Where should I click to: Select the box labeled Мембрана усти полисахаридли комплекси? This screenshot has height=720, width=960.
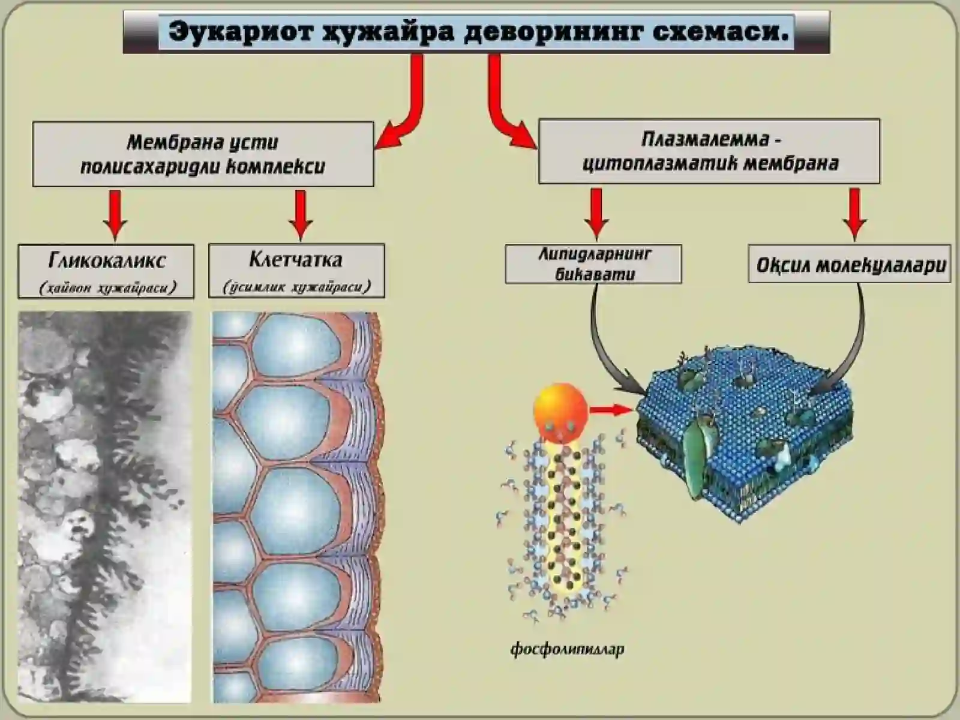click(203, 154)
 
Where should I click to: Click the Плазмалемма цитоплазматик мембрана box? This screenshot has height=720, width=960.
click(709, 151)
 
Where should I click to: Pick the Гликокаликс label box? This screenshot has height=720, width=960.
click(106, 271)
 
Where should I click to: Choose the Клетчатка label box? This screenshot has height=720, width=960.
click(296, 271)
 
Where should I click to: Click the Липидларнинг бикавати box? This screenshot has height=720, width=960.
click(593, 264)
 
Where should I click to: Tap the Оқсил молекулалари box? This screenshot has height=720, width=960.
click(850, 263)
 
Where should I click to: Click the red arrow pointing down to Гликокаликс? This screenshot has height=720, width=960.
click(115, 215)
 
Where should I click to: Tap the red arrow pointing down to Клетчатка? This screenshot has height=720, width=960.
click(301, 215)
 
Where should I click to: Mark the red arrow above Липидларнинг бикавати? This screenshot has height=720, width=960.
click(596, 214)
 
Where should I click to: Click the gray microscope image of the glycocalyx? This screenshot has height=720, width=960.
click(105, 507)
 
